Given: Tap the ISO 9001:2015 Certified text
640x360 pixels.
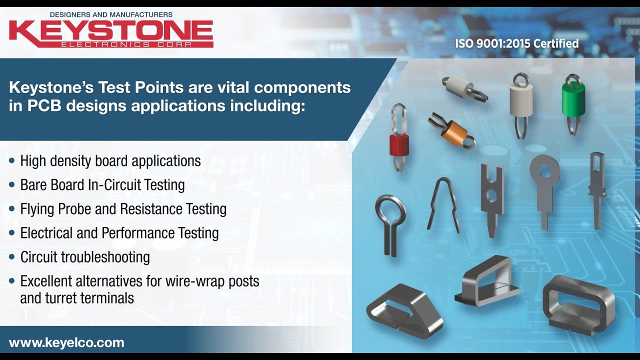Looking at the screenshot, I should coord(516,44).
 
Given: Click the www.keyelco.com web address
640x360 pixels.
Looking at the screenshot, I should coord(66,343).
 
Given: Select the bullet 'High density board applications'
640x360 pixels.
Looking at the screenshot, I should coord(110,161).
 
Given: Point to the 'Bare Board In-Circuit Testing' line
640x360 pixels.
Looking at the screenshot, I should coord(102,185).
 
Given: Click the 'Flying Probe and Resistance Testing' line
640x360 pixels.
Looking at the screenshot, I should coord(123,209).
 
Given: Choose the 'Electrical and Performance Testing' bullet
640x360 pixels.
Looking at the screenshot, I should coord(119,233).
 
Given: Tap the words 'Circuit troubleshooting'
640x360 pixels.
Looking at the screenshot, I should coord(85,257).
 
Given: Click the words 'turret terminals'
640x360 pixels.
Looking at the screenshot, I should coord(77,298).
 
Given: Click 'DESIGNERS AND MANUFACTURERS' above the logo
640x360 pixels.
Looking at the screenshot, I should coord(90,14).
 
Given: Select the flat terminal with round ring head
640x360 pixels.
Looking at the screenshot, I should coord(544,187).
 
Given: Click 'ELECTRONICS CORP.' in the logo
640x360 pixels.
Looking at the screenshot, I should coord(125,44).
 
